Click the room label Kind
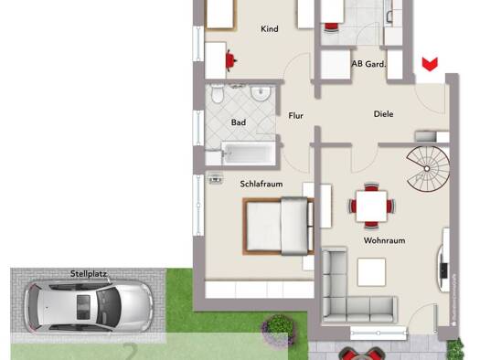click(269, 29)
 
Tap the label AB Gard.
click(368, 64)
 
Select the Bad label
click(239, 122)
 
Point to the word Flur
click(295, 116)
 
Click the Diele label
click(384, 114)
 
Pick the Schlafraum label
click(261, 183)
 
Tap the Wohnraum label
click(384, 240)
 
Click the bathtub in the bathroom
click(247, 153)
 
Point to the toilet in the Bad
click(217, 95)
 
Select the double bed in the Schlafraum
click(277, 227)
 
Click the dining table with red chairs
click(370, 206)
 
